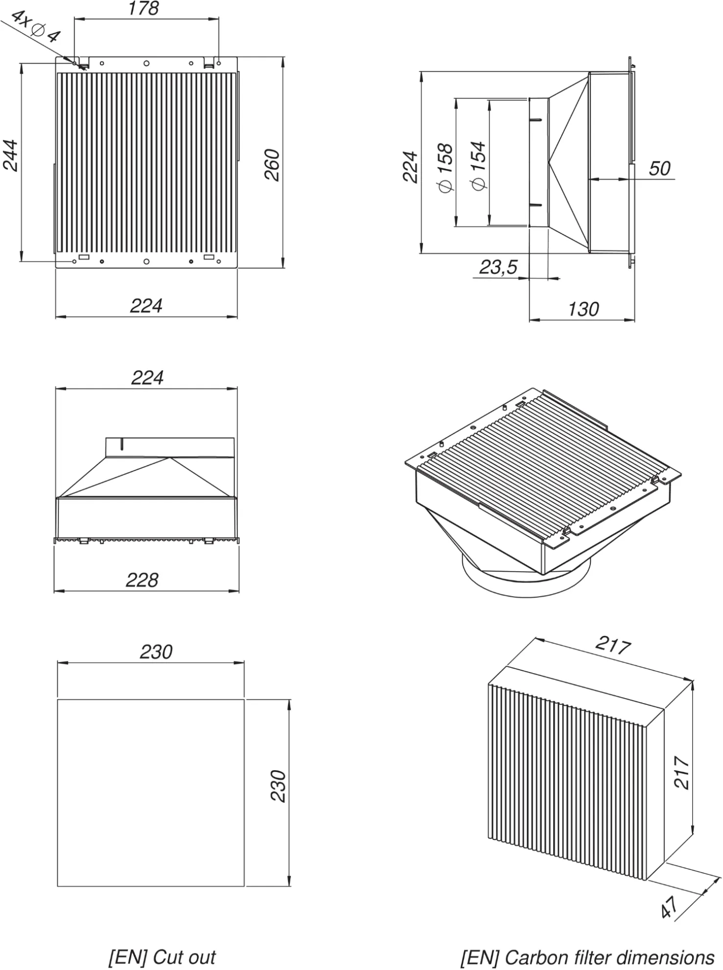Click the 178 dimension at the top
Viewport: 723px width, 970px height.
tap(143, 9)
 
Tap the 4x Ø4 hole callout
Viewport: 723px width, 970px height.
tap(35, 26)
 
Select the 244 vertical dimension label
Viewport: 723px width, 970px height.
tap(11, 156)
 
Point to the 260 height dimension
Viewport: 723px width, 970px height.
tap(272, 165)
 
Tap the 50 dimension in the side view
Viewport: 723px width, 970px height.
tap(659, 169)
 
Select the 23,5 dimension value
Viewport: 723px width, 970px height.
tap(498, 267)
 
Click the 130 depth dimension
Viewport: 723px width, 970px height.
tap(583, 310)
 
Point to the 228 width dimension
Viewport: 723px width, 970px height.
tap(142, 580)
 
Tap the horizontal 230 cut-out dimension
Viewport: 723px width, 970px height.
tap(156, 652)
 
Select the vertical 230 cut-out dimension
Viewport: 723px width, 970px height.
tap(279, 786)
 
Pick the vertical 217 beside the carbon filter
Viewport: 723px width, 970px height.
tap(682, 773)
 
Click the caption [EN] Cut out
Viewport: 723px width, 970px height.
tap(162, 957)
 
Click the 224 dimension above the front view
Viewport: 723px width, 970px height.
tap(147, 378)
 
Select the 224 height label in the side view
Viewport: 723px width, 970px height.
tap(410, 167)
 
